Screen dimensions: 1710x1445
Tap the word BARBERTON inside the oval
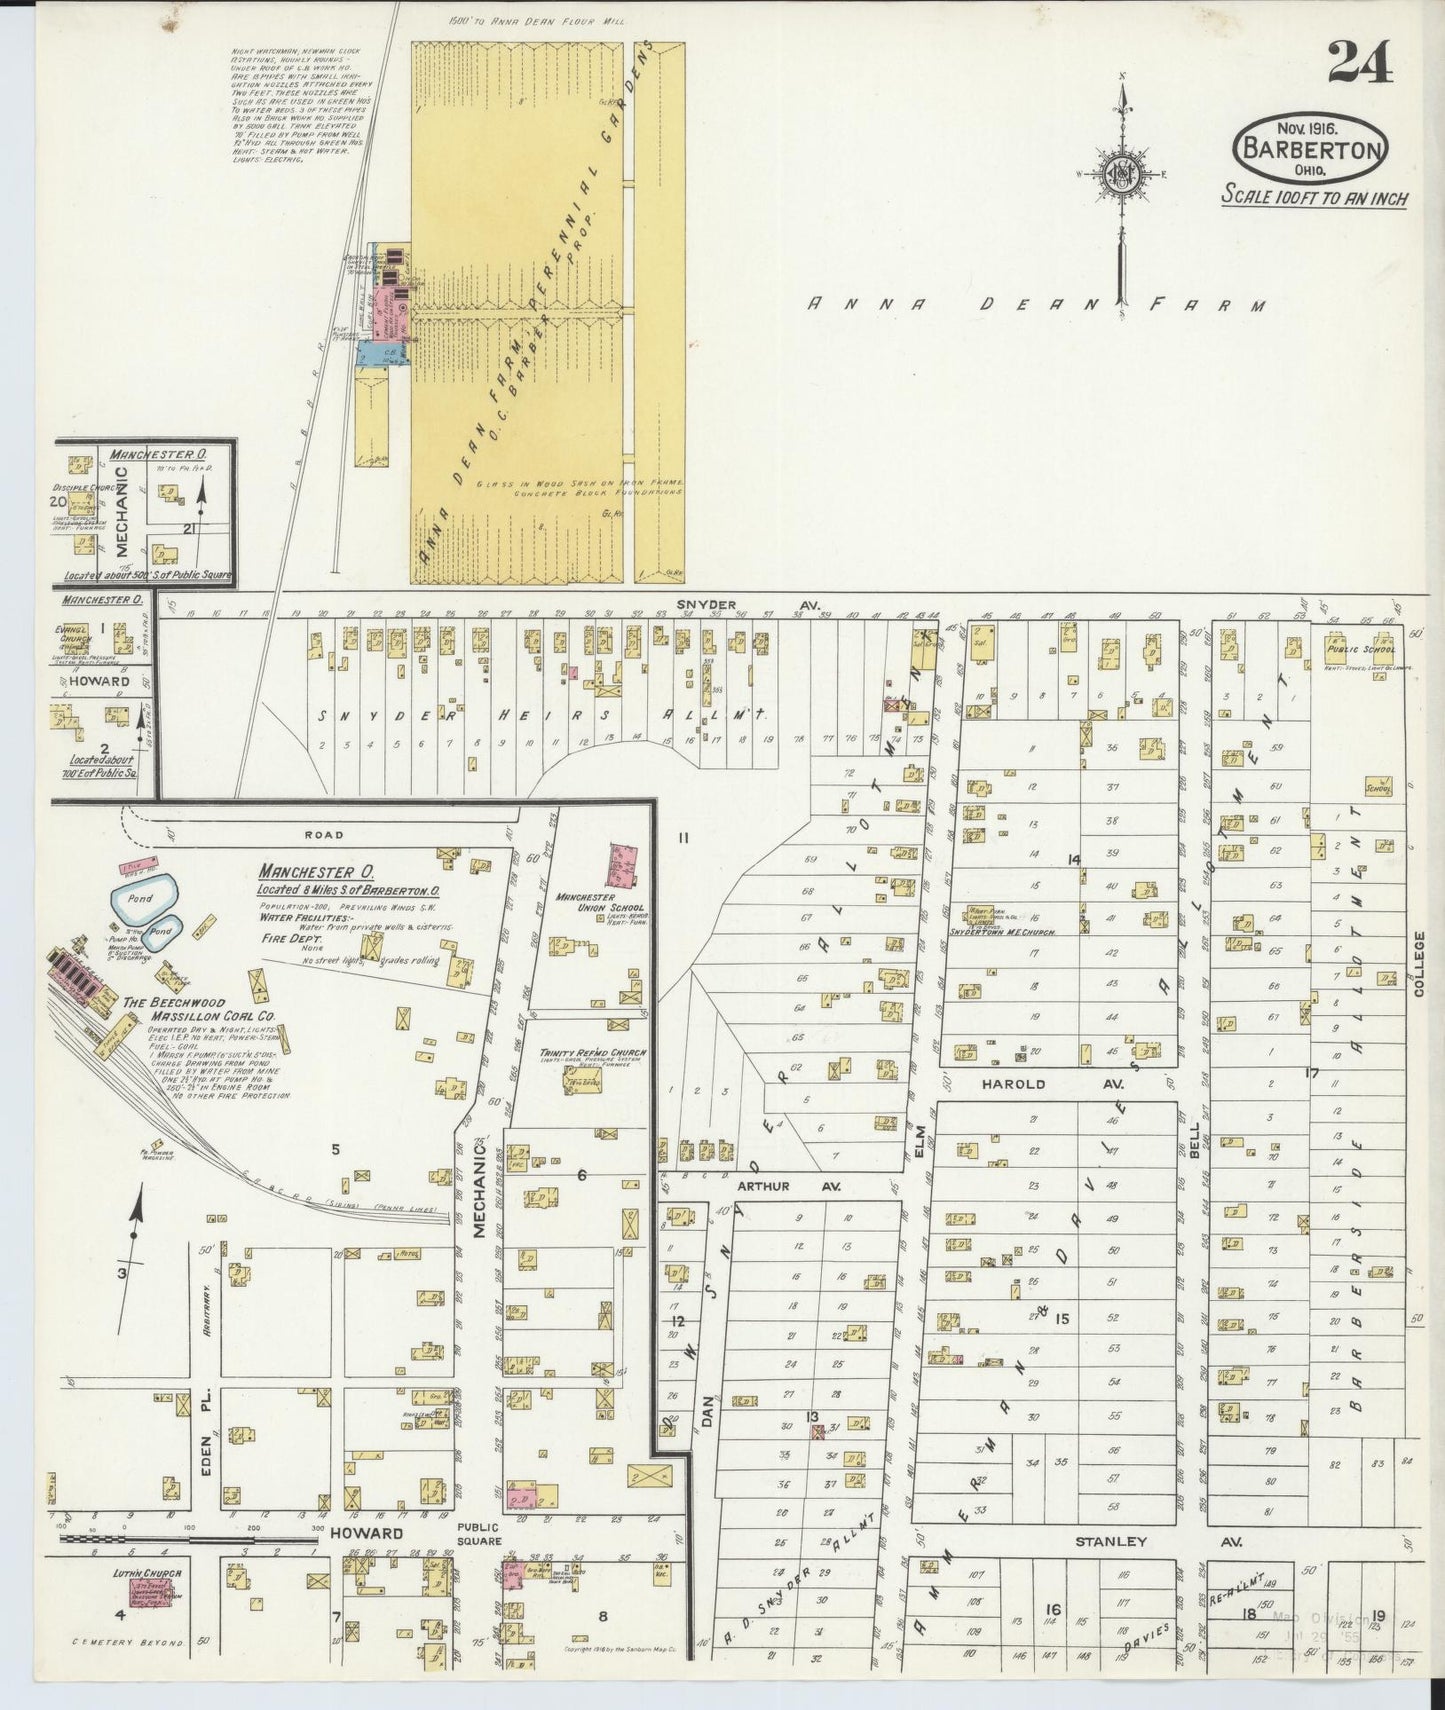tap(1313, 149)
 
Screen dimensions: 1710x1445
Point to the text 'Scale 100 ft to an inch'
tap(1314, 197)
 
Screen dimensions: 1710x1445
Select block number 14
tap(1074, 859)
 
